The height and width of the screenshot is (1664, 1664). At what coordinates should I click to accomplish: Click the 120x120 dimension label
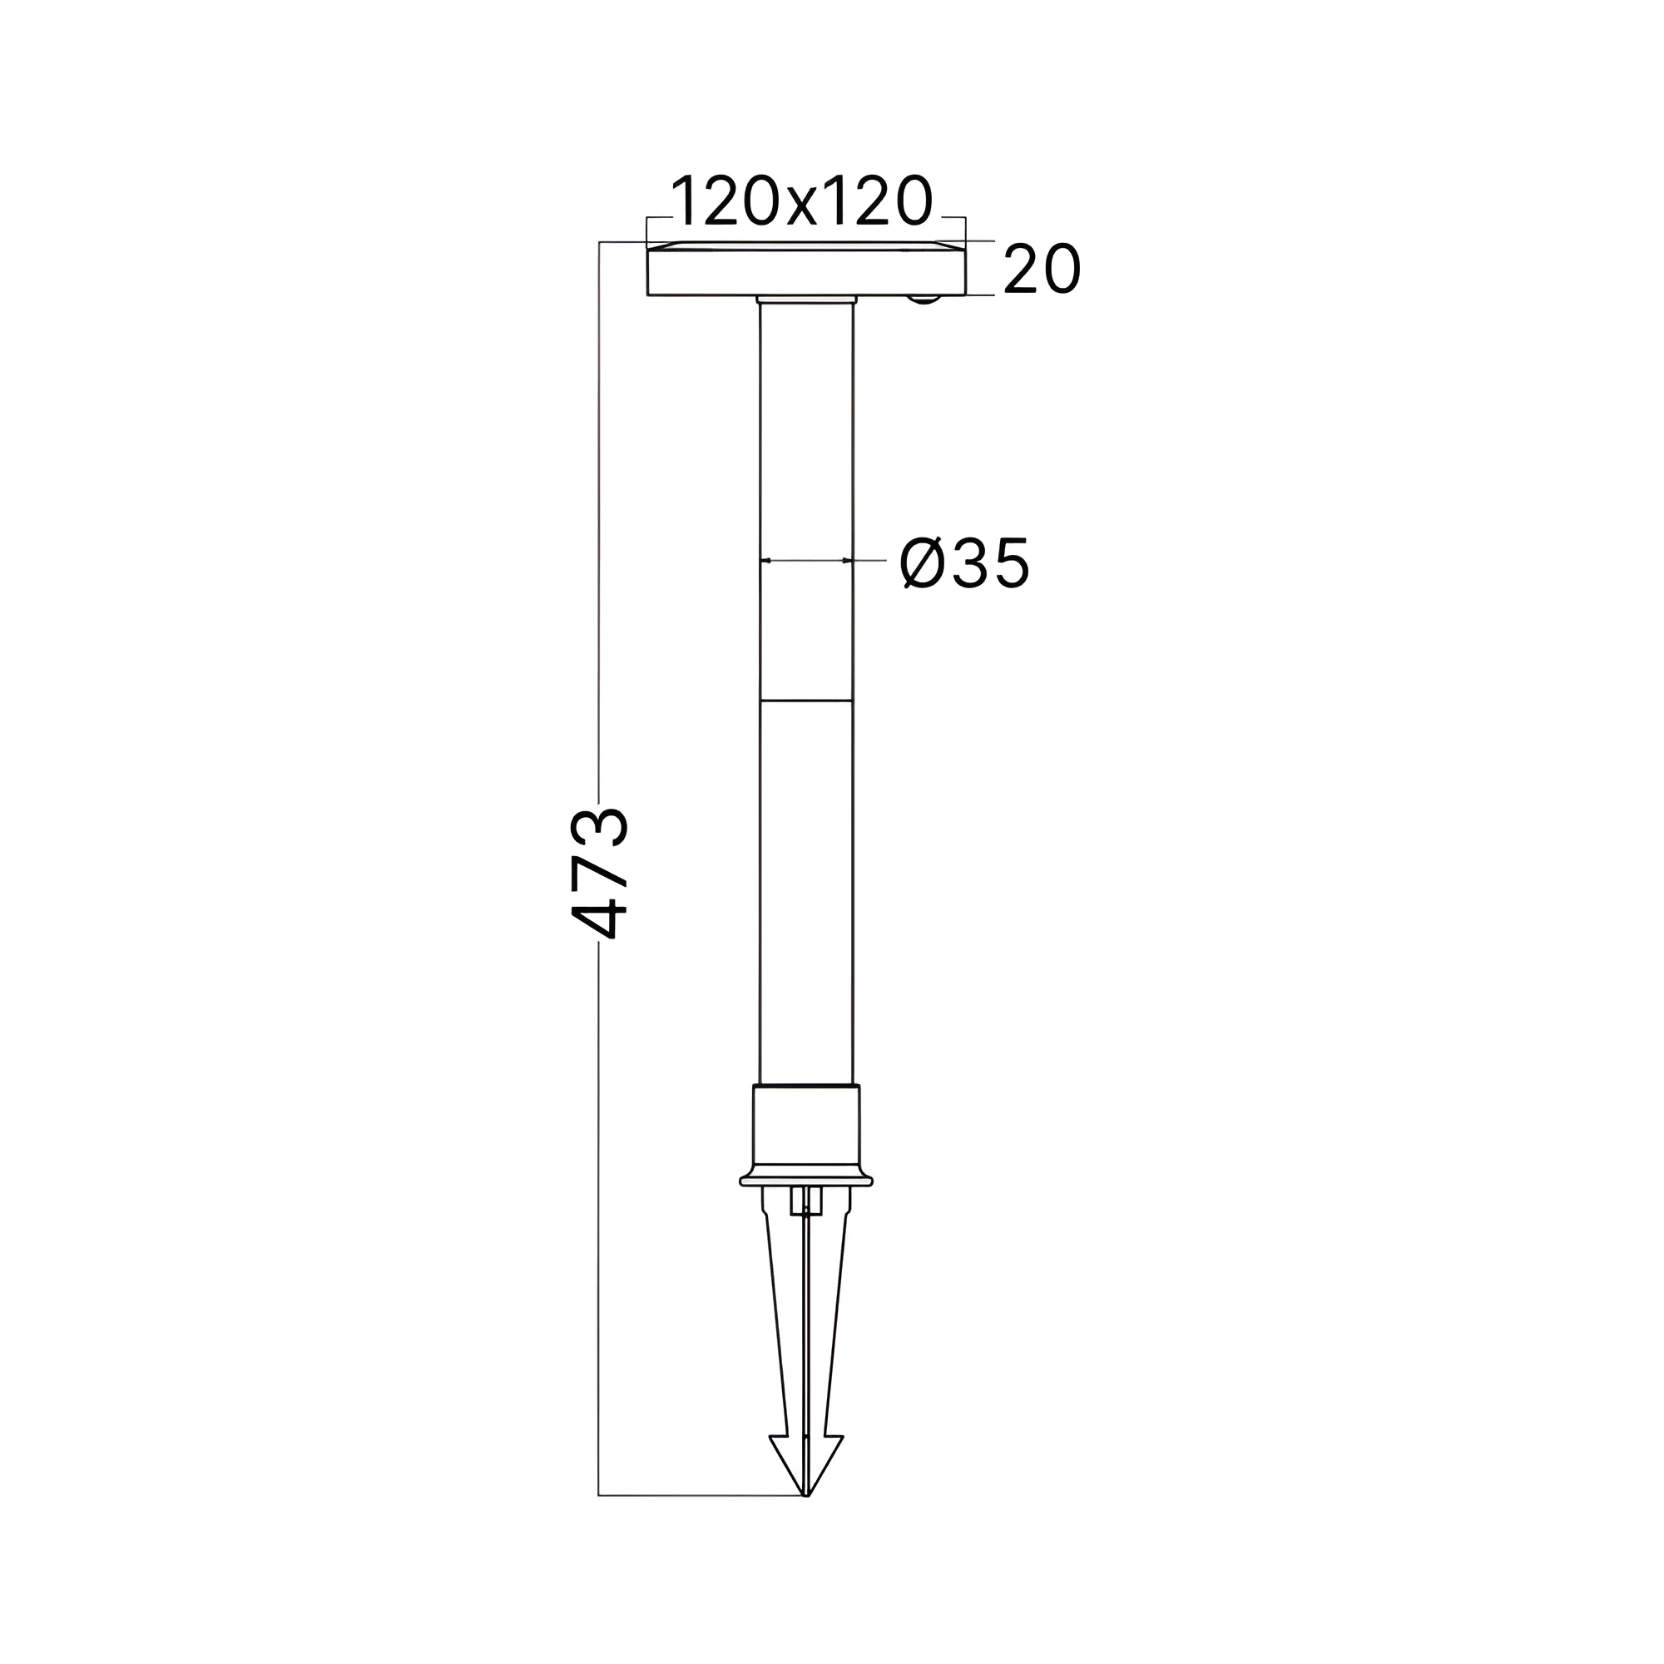pos(802,200)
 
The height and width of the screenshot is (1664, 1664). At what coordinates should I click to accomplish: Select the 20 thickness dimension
pos(1042,269)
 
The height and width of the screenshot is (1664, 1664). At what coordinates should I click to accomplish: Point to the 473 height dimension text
pos(599,872)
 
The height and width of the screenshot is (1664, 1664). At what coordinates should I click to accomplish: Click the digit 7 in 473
pos(599,872)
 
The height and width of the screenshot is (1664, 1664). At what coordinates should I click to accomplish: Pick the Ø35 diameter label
pos(964,562)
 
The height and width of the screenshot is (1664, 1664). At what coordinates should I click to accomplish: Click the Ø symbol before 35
pos(922,562)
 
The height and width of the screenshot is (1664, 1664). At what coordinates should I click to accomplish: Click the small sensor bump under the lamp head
pos(924,299)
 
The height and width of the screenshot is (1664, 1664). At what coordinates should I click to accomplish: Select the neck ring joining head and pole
pos(806,300)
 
